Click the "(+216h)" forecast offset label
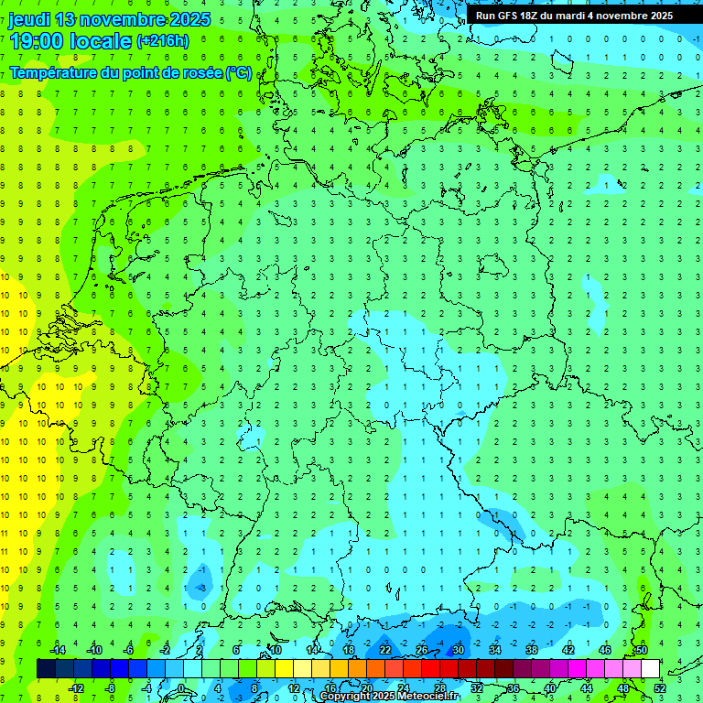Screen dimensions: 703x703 click(162, 41)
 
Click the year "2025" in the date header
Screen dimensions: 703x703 click(184, 19)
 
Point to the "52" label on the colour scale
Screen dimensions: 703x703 click(660, 688)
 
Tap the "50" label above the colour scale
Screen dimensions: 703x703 click(642, 650)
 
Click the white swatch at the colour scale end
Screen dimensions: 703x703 click(651, 669)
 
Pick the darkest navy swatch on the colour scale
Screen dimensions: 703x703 click(46, 669)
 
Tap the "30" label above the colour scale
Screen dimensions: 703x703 click(459, 650)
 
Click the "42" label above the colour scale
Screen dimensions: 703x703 click(568, 650)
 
